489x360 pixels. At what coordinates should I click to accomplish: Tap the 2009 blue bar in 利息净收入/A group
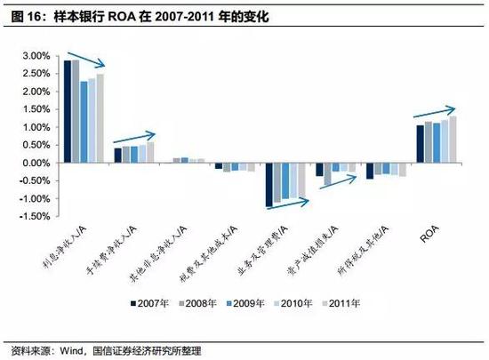click(84, 122)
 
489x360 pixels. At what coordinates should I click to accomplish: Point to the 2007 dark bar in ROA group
click(421, 144)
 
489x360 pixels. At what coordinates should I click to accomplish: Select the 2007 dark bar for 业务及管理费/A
click(269, 184)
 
